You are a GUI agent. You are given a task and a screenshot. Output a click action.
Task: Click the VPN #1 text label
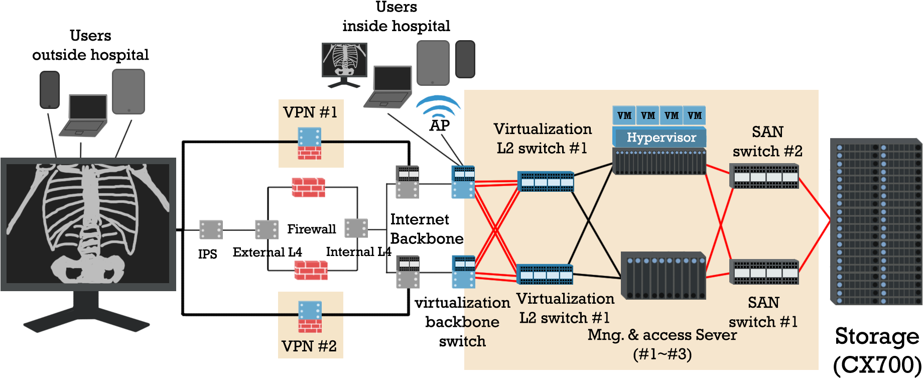(310, 112)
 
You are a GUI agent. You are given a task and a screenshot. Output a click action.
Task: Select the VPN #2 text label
(309, 346)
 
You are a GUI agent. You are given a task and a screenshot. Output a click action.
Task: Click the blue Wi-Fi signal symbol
(438, 107)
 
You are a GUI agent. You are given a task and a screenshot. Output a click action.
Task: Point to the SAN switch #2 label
(767, 142)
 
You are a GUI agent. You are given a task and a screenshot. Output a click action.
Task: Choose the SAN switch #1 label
(763, 312)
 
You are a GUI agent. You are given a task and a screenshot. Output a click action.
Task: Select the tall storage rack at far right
(875, 221)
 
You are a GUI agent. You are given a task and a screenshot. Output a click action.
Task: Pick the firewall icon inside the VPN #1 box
(310, 144)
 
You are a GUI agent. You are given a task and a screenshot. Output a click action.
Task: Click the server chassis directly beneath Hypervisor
(659, 161)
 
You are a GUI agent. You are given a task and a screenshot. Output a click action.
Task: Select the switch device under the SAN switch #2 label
(764, 176)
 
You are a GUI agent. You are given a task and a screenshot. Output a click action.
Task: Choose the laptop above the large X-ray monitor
(84, 115)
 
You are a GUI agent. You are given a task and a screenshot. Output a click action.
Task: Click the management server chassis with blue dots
(663, 275)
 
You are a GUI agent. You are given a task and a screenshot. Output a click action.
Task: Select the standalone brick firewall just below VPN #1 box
(309, 188)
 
